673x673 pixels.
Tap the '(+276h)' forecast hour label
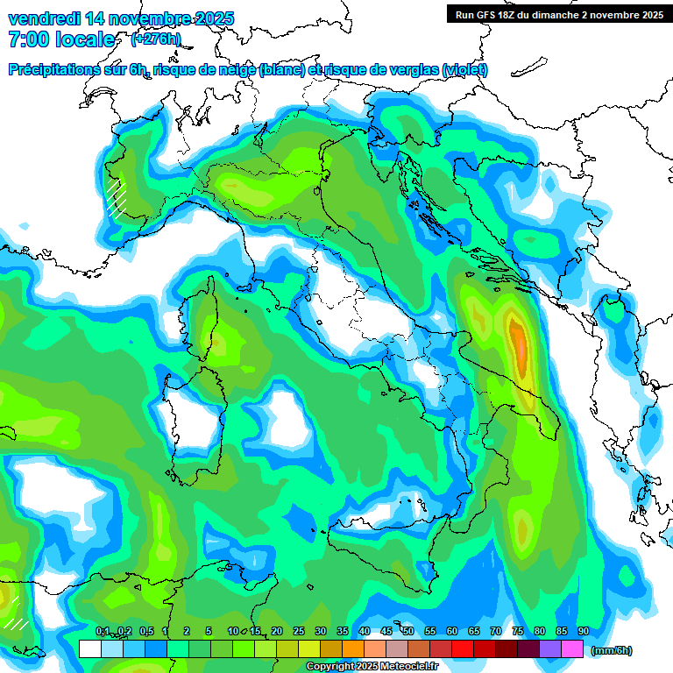click(155, 39)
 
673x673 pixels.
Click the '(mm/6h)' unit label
click(611, 650)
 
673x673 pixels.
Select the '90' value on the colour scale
click(584, 631)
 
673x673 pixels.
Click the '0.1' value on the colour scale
click(102, 631)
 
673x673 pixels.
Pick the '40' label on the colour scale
click(365, 631)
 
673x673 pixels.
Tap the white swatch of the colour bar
click(89, 649)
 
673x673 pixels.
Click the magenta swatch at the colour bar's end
click(573, 649)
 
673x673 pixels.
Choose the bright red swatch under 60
click(463, 649)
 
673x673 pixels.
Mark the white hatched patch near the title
click(116, 198)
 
